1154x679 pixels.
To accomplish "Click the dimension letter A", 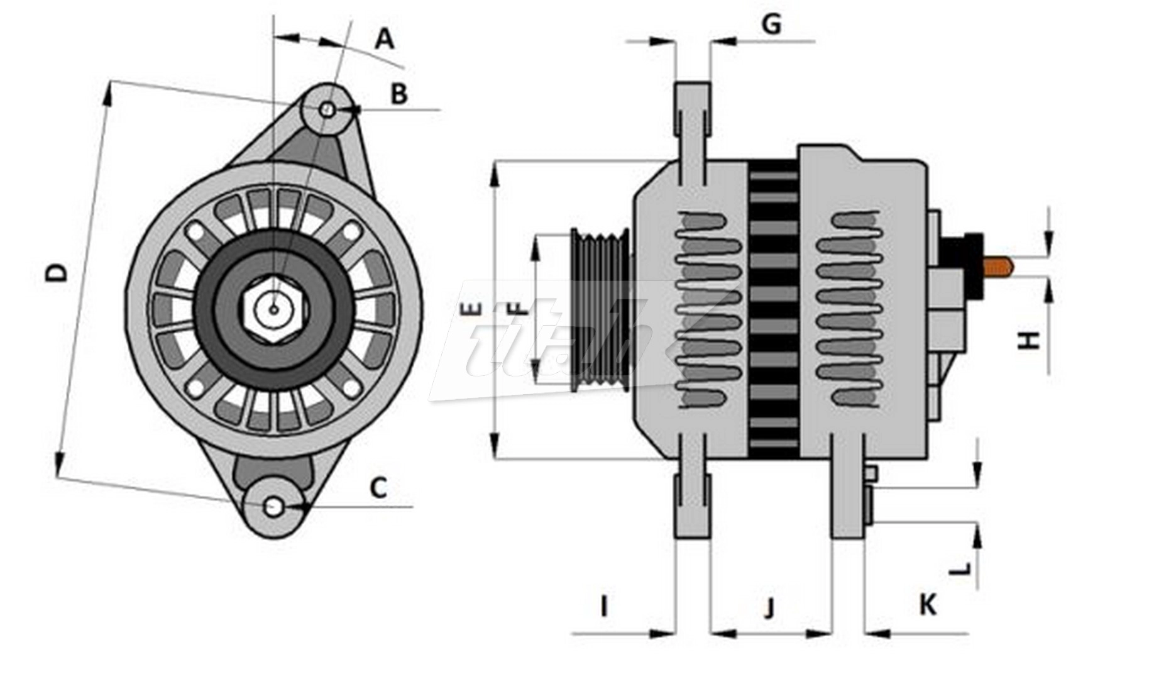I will [384, 40].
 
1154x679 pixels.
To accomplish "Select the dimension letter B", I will [399, 94].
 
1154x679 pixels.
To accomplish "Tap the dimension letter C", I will [378, 487].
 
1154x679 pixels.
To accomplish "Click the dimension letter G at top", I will [771, 24].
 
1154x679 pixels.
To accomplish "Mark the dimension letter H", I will [1029, 340].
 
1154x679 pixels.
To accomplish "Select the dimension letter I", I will [604, 607].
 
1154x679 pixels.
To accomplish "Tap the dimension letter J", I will [769, 608].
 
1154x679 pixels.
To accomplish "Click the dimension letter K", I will [928, 605].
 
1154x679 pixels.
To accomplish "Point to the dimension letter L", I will [960, 569].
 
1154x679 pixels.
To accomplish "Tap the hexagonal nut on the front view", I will [274, 309].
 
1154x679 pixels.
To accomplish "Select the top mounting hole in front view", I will [327, 110].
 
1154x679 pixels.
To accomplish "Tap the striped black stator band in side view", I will [774, 308].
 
